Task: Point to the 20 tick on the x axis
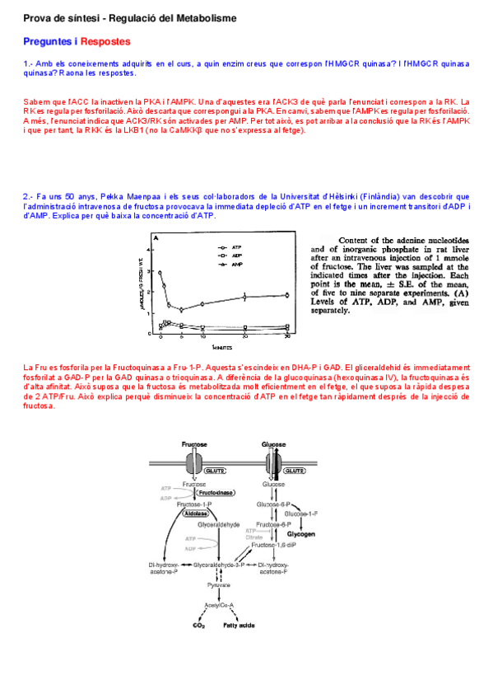point(244,338)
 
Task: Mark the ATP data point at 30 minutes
point(286,294)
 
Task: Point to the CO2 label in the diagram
point(198,626)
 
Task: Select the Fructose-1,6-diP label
point(275,545)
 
